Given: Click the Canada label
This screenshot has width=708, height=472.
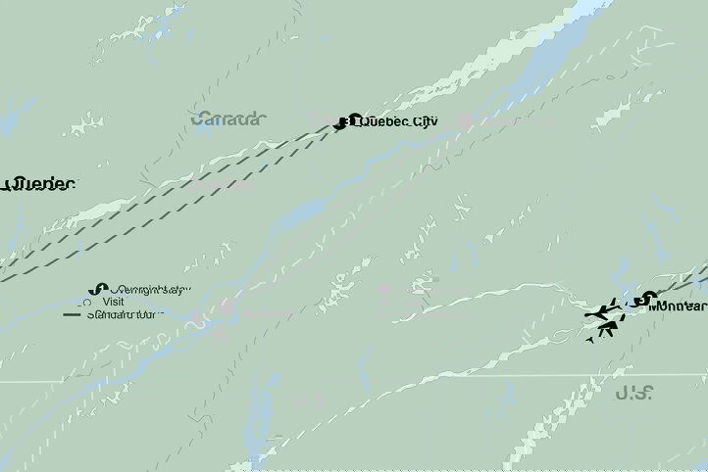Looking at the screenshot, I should click(x=228, y=118).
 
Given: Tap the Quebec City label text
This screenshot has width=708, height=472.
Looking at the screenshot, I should click(x=399, y=122).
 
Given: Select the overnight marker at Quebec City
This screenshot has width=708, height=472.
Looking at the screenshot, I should click(x=343, y=122).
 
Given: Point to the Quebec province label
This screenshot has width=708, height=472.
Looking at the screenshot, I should click(x=40, y=184).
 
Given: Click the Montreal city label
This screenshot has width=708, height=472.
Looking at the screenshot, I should click(x=678, y=306).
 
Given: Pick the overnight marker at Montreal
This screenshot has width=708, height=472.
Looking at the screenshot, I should click(x=642, y=300).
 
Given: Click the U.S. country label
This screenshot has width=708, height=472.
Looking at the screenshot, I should click(x=635, y=394).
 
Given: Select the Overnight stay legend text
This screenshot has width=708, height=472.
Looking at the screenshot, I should click(x=151, y=290).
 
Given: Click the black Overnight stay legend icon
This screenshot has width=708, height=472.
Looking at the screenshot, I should click(x=96, y=289).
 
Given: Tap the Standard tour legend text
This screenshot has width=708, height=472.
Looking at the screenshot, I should click(x=127, y=315).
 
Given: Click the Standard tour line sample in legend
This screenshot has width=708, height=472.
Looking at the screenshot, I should click(x=73, y=315).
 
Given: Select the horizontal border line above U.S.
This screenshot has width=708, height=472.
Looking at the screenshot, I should click(x=392, y=376).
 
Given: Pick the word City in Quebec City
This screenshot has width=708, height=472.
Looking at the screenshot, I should click(x=421, y=122).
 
